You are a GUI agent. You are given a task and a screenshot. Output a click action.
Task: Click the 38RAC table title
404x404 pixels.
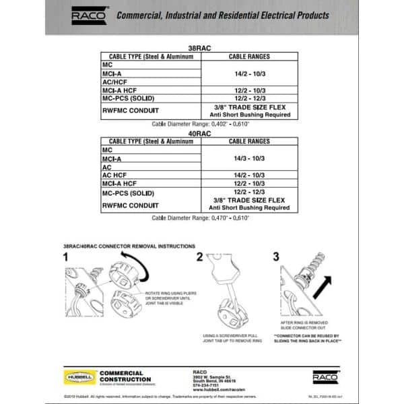[201, 48]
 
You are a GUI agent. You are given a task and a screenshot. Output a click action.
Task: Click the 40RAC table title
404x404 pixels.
[201, 134]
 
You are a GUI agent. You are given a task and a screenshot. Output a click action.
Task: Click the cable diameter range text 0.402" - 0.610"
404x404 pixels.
[201, 125]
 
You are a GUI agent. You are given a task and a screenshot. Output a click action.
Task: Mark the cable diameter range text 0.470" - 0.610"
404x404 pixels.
[201, 219]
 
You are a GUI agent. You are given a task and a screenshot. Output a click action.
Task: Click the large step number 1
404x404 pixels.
[66, 257]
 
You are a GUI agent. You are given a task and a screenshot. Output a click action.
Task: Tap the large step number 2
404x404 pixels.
[199, 257]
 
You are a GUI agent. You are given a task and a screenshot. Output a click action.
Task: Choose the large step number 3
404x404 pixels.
[276, 257]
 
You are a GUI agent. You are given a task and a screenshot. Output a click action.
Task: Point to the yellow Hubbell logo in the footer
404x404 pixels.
[78, 378]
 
